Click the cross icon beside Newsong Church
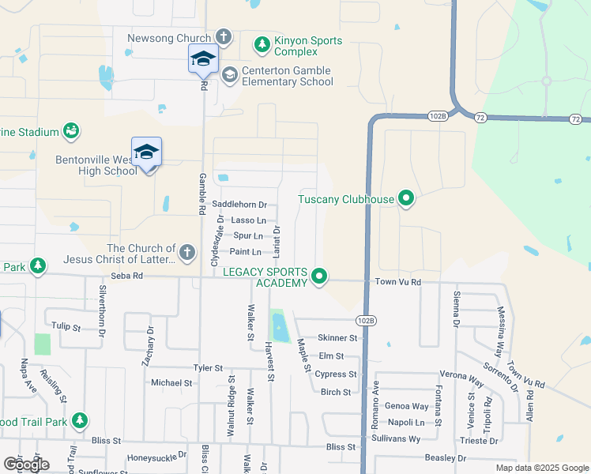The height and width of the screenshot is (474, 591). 224,37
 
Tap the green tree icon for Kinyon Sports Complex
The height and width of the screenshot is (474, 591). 262,46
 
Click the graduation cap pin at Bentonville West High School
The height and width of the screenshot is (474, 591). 147,152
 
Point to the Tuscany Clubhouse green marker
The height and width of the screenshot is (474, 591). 406,198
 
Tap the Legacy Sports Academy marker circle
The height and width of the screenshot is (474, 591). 319,276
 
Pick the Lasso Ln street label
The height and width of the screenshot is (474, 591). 247,220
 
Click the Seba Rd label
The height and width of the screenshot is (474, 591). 126,276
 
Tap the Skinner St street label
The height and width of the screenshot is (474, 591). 337,337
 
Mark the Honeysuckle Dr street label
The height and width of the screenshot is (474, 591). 156,456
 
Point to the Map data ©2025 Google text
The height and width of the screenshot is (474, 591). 541,468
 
